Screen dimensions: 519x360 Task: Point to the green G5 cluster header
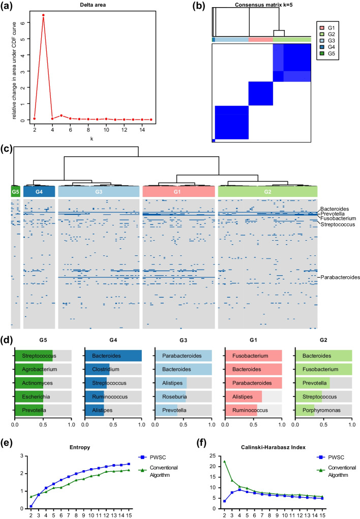click(15, 192)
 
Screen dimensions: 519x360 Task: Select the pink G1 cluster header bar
click(178, 192)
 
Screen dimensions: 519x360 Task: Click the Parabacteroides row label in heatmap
click(340, 277)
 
